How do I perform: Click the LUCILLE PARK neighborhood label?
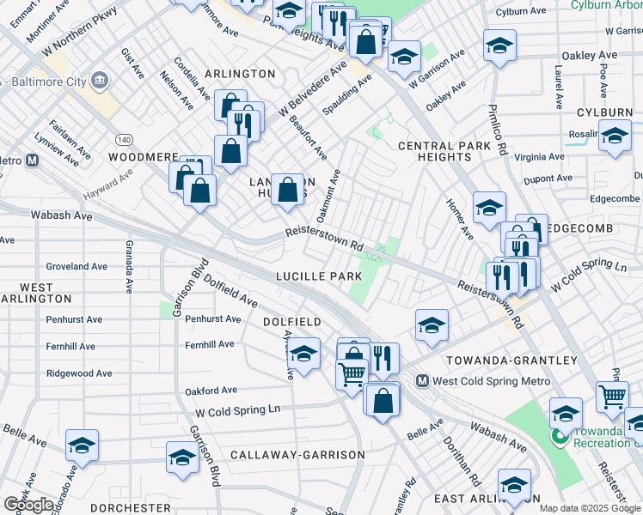coord(319,277)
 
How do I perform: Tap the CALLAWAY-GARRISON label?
coord(297,454)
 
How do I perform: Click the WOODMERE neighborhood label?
coord(143,158)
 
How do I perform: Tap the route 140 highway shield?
coord(124,139)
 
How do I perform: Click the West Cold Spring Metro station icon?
coord(422,380)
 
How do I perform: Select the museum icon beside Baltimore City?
coord(101,82)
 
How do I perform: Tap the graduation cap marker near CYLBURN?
coord(615,136)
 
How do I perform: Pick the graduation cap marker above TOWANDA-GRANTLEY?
coord(432,324)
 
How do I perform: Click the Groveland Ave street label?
coord(77,267)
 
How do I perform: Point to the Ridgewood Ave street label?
coord(79,373)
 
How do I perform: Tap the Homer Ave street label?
coord(460,220)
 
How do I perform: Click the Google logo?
coord(28,505)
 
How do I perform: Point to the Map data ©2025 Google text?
coord(590,508)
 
